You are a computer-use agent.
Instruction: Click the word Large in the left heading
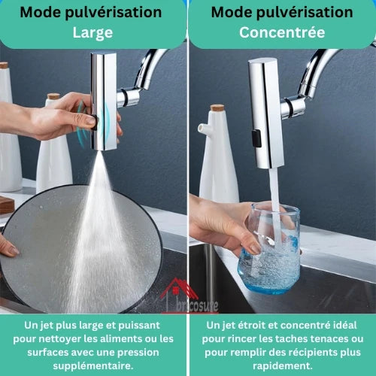tap(92, 33)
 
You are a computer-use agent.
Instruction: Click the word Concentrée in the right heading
tap(282, 32)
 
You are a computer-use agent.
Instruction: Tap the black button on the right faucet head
tap(256, 138)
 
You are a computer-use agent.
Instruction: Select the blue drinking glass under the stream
tap(269, 248)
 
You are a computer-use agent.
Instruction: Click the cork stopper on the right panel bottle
tap(217, 108)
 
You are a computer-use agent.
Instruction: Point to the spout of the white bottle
tap(202, 127)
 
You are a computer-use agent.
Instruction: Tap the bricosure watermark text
tap(197, 305)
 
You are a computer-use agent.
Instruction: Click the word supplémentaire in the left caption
tap(93, 366)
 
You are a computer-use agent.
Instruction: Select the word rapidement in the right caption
tap(283, 366)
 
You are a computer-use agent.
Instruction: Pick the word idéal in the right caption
tap(345, 325)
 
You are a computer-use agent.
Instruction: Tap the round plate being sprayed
tap(80, 250)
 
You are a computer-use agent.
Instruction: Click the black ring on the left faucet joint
tap(126, 97)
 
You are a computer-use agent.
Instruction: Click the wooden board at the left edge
tap(7, 205)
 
